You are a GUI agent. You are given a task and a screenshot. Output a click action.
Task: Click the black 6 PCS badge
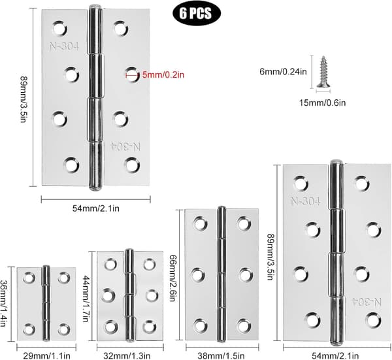pos(197,13)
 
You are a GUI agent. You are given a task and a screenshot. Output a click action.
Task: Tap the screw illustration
pos(323,72)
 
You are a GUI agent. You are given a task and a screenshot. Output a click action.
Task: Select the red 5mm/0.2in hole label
pos(163,74)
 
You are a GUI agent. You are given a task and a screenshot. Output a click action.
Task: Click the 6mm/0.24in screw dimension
pos(283,72)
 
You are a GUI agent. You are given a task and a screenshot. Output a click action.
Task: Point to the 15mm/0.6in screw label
pos(323,103)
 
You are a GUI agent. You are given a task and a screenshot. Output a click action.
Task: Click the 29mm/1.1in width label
pos(46,355)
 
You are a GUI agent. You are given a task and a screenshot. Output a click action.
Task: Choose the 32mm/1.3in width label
pos(127,355)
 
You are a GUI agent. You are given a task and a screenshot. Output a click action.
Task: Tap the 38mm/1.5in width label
pos(221,355)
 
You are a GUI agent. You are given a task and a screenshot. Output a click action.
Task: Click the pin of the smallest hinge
pos(46,303)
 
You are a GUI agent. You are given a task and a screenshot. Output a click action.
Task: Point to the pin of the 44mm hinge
pos(129,295)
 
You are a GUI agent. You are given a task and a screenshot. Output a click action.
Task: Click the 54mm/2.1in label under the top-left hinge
pos(96,208)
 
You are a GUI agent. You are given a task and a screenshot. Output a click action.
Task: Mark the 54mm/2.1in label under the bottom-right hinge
pos(335,355)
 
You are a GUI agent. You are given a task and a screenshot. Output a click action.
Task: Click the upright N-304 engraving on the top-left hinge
pos(64,46)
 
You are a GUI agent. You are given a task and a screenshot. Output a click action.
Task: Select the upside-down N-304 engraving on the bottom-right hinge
pos(367,302)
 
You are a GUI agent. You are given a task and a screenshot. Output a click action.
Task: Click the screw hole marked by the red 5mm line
pos(132,74)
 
